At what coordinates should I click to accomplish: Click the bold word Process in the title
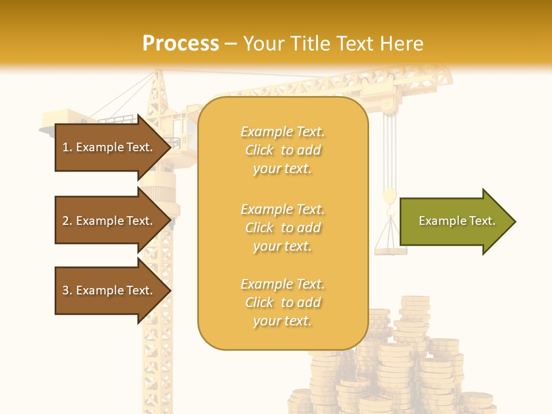[181, 44]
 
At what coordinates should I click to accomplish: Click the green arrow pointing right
[454, 221]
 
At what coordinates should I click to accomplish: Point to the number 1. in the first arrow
[67, 147]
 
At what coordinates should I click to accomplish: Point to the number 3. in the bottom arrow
[67, 290]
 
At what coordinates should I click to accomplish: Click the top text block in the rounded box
[282, 150]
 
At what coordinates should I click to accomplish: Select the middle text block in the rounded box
[282, 227]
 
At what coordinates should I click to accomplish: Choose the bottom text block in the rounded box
[282, 302]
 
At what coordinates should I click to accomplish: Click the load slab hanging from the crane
[390, 250]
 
